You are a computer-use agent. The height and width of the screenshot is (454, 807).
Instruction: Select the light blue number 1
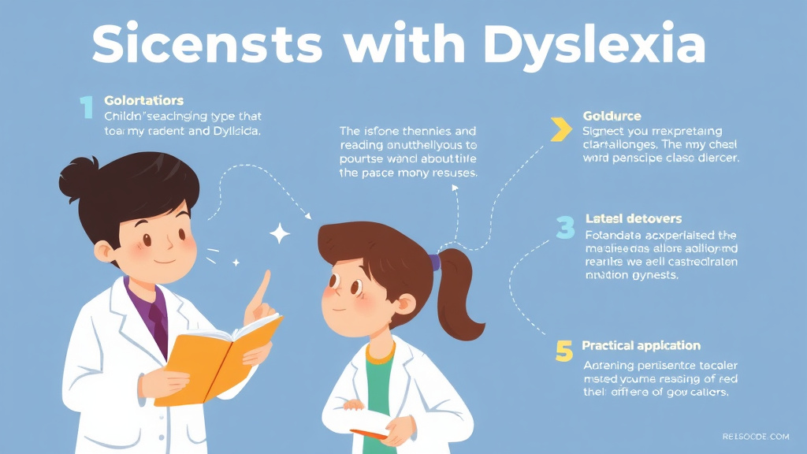86,107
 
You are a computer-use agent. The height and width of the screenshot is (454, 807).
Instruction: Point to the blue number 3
565,227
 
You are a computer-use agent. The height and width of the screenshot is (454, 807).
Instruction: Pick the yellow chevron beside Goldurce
560,129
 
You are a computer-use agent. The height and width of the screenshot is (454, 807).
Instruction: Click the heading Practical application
641,345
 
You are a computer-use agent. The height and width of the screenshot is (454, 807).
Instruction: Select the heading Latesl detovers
634,218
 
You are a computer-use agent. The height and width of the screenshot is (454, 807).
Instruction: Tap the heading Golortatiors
143,101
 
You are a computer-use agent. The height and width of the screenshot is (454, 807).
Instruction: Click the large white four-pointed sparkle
279,233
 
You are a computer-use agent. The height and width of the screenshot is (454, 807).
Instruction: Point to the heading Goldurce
612,117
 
